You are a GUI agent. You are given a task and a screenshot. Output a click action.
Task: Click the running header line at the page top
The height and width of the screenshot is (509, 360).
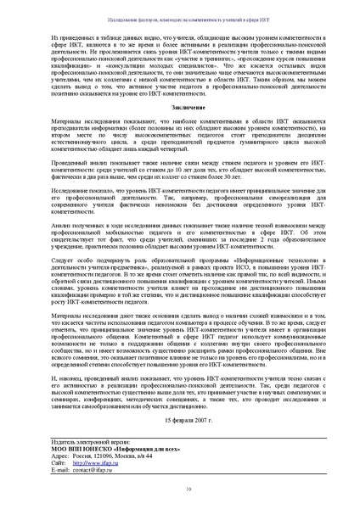pyautogui.click(x=180, y=18)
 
